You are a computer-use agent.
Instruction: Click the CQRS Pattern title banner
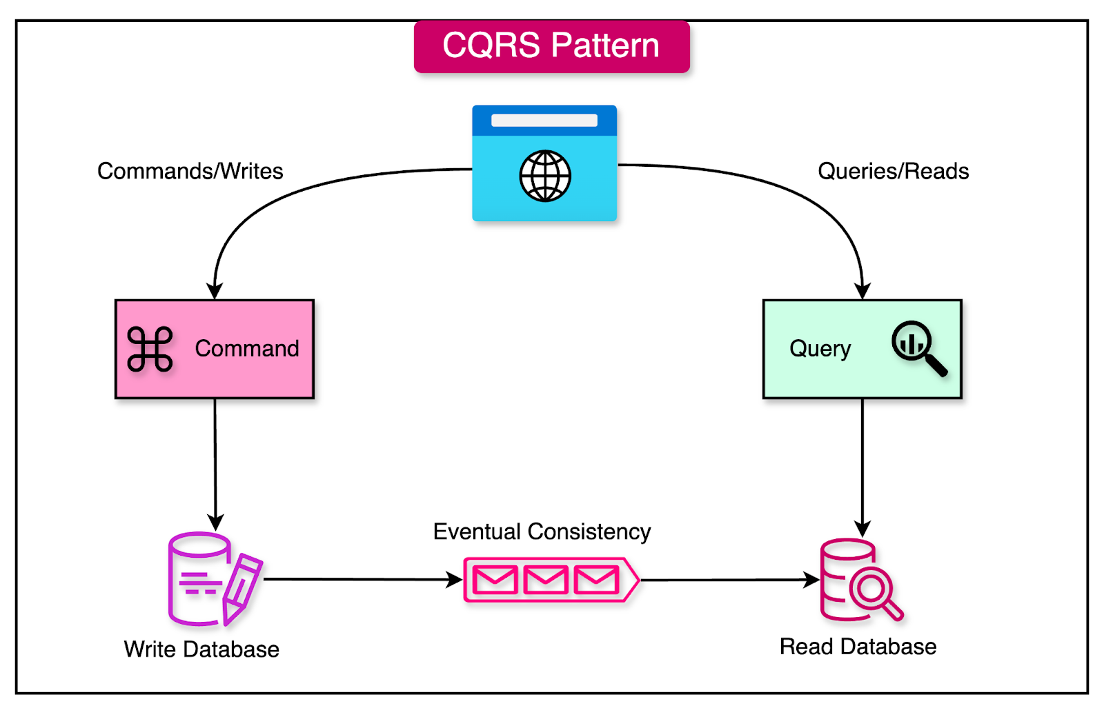pos(551,46)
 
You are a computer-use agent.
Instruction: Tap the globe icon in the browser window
pos(545,176)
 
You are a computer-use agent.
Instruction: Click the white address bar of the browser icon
pos(544,121)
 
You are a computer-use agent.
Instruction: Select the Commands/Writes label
pos(190,171)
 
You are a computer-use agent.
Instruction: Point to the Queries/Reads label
pos(893,171)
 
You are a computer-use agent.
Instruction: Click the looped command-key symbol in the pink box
pos(150,349)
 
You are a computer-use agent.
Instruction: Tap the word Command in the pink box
pos(247,349)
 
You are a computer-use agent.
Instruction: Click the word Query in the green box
pos(820,349)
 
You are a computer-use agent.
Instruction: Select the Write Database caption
pos(201,649)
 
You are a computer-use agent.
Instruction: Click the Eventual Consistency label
pos(542,532)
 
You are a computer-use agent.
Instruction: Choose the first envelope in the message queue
pos(495,580)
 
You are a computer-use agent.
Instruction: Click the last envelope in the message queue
pos(596,580)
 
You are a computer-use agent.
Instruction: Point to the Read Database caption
pos(858,647)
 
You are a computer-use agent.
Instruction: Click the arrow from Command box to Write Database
pos(215,462)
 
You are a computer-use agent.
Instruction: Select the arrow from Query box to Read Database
pos(862,465)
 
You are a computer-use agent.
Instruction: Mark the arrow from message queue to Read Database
pos(728,580)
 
